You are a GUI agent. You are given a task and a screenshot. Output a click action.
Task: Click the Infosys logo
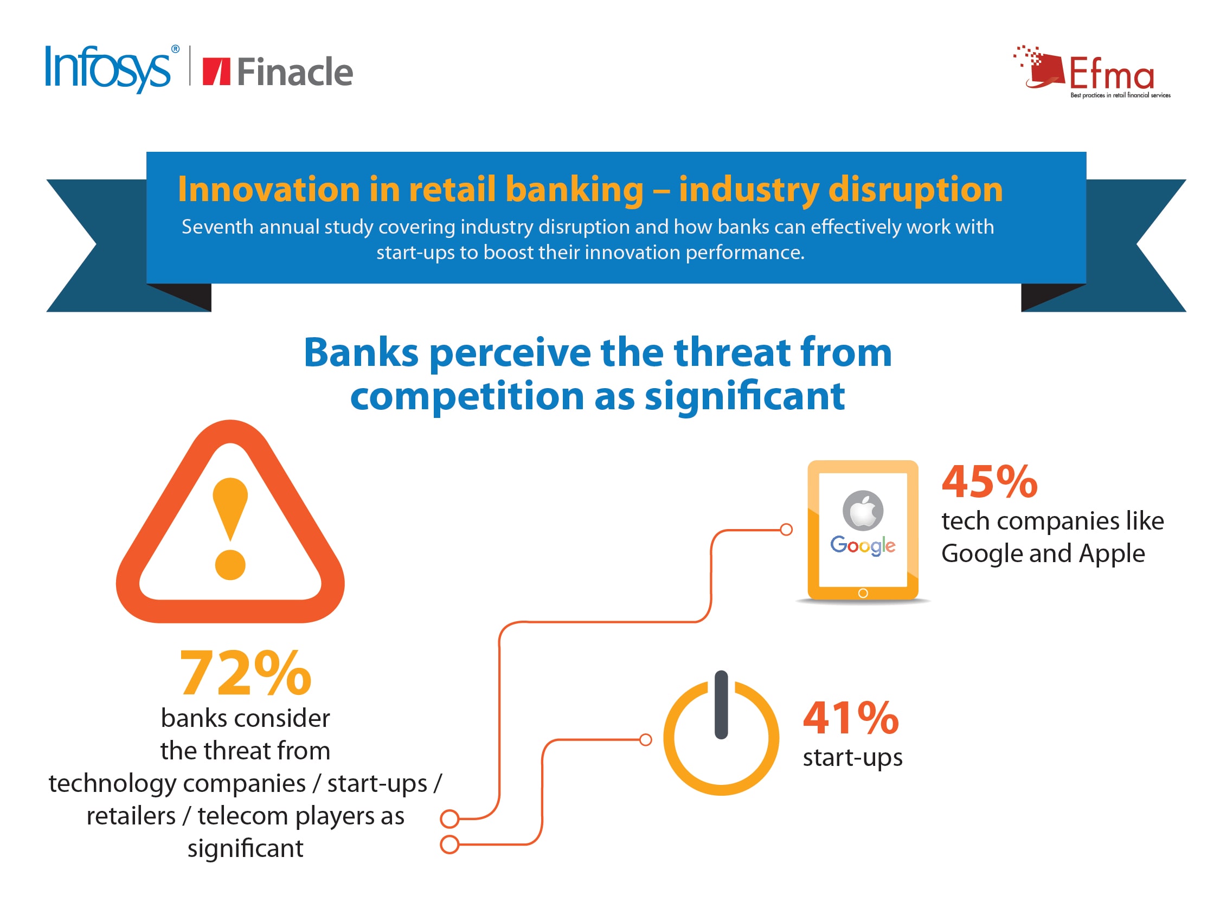point(112,68)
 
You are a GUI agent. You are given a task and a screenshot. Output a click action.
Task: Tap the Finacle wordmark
point(294,72)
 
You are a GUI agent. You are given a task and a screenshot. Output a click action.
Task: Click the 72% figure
point(246,673)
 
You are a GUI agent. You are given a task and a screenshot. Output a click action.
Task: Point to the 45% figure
point(990,481)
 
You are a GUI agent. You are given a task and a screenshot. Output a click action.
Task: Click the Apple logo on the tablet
point(863,510)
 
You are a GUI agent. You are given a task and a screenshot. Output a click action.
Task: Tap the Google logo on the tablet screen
point(863,545)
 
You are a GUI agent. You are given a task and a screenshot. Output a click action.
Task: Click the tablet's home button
point(863,594)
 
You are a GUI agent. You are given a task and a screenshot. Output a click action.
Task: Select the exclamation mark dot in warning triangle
point(230,565)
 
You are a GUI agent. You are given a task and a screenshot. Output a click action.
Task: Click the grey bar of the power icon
point(721,705)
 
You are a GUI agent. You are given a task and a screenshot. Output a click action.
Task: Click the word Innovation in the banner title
point(268,189)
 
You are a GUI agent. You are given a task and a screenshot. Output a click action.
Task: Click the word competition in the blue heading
point(467,397)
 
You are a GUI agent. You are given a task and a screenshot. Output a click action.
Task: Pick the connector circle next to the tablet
point(786,530)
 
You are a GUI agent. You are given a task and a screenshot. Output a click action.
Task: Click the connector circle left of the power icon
point(645,739)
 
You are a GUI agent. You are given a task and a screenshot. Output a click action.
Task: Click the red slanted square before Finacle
point(216,72)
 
